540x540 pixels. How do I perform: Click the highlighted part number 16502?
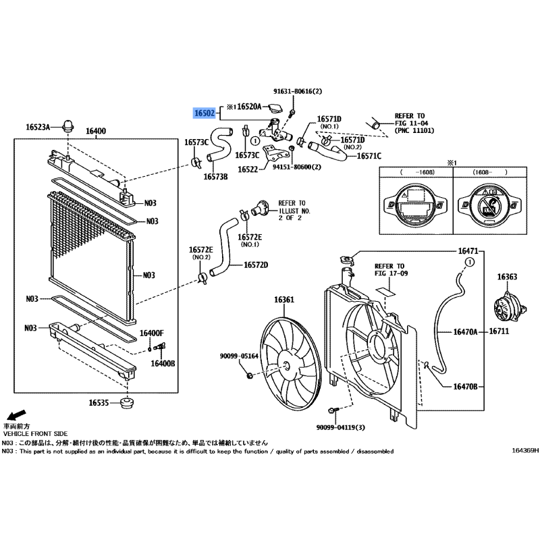click(205, 113)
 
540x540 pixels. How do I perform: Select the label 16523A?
click(38, 127)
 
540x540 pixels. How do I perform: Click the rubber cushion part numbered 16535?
click(128, 403)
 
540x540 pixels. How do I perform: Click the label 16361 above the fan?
click(284, 300)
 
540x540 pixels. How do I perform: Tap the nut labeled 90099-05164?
click(250, 375)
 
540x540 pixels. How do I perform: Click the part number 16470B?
click(465, 387)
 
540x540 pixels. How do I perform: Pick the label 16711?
click(499, 331)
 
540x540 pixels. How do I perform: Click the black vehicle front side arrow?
click(16, 414)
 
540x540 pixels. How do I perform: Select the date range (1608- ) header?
click(489, 172)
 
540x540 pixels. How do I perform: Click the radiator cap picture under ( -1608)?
click(416, 206)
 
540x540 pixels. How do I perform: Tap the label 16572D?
click(256, 265)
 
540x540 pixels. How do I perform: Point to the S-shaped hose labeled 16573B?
click(221, 144)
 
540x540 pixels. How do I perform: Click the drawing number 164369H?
click(525, 450)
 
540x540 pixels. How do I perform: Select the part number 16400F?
click(151, 333)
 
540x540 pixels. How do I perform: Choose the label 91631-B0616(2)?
click(298, 91)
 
